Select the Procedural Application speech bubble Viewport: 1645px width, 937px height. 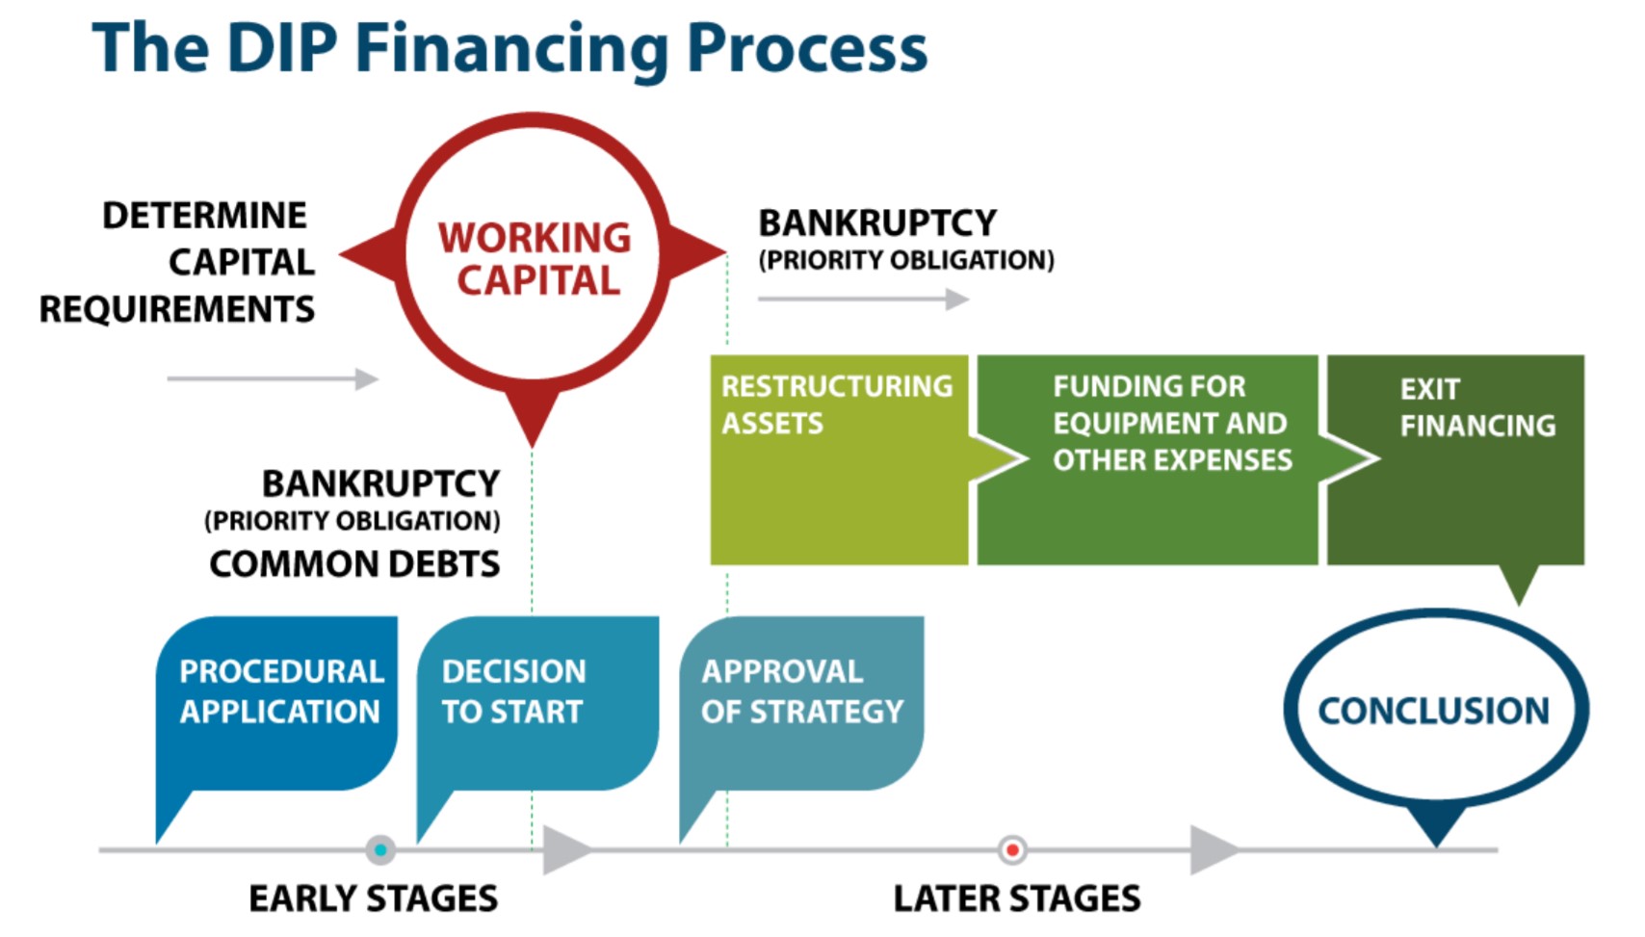click(276, 704)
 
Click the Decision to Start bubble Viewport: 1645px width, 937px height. click(537, 704)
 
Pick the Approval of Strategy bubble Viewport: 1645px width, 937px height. click(801, 704)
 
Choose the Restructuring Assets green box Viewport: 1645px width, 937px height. click(840, 459)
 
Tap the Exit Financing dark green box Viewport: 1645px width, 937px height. click(1455, 459)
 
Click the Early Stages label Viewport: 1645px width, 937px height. click(374, 898)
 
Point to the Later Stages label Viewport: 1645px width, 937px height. click(1017, 898)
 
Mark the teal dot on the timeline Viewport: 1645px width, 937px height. click(380, 850)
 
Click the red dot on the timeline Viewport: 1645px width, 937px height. click(1012, 850)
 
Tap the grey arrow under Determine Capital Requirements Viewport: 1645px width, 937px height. click(273, 378)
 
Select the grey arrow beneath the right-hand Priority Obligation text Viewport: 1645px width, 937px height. click(864, 299)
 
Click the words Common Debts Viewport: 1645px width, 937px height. click(354, 564)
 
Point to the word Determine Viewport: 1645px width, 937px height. click(205, 216)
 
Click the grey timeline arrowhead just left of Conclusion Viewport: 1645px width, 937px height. click(1214, 850)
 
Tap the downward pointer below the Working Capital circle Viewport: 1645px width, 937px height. click(533, 415)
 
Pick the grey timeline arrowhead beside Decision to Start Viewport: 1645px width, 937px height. click(567, 850)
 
